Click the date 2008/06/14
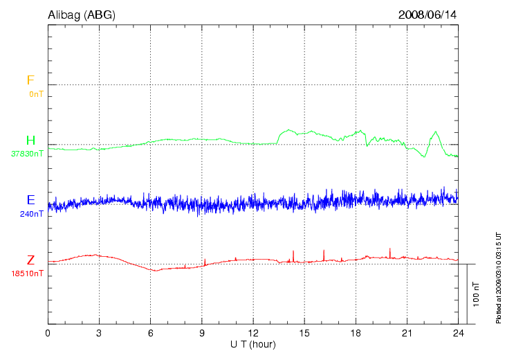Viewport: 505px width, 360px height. [x=428, y=14]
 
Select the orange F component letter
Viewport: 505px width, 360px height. [x=30, y=80]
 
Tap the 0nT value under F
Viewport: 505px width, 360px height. [x=36, y=93]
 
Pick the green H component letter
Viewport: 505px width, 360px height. [x=30, y=141]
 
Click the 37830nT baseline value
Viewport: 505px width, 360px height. [x=27, y=154]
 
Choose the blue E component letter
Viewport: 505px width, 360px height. [x=30, y=200]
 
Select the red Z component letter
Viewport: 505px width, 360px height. [x=30, y=260]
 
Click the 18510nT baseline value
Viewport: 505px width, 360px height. [x=27, y=273]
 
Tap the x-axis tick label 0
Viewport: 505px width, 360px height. [x=48, y=333]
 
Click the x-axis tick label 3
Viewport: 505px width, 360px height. [x=99, y=333]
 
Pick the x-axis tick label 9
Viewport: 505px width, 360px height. [x=202, y=333]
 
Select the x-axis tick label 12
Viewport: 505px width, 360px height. [x=253, y=333]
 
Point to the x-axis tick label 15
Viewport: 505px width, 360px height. [x=304, y=333]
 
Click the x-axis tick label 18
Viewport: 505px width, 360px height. [x=356, y=333]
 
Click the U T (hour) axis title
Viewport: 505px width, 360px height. [x=253, y=344]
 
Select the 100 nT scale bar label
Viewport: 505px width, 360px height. [x=476, y=294]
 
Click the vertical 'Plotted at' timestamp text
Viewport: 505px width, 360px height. [x=498, y=277]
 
